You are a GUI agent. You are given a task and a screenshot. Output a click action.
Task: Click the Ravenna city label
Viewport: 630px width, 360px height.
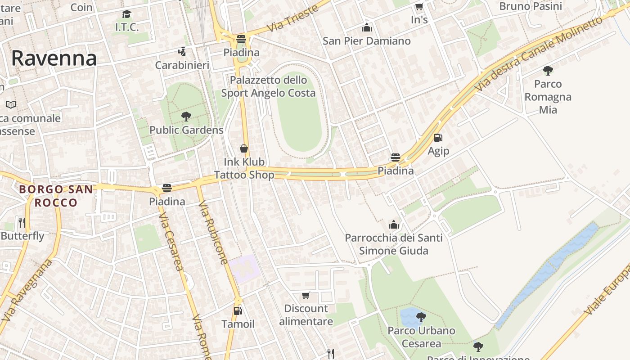[54, 58]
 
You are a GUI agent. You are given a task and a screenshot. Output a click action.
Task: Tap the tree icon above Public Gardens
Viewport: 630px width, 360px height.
[186, 117]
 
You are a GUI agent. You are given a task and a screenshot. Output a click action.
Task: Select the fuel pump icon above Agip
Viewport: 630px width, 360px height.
[438, 138]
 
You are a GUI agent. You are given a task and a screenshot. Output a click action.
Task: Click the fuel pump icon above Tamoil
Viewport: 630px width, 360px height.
[238, 310]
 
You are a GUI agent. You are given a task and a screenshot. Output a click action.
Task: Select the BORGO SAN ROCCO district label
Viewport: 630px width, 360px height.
[56, 196]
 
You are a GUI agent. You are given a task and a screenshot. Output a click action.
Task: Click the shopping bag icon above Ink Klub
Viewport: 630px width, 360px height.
[244, 148]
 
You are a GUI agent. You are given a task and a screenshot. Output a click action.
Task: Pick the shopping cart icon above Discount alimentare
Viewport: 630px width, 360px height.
[306, 295]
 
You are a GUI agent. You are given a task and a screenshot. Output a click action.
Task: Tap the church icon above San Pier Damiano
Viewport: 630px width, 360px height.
[367, 27]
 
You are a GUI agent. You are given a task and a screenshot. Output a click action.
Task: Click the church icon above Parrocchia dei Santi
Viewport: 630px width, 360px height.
[394, 224]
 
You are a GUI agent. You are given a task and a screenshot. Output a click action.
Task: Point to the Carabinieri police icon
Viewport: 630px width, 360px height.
[182, 52]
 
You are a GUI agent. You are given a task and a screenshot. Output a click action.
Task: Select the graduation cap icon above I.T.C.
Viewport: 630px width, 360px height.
[127, 14]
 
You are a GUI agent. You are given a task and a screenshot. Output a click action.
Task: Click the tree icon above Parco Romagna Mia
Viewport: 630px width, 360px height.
[548, 70]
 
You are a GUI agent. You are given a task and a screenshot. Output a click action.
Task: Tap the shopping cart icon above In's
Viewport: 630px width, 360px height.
[419, 7]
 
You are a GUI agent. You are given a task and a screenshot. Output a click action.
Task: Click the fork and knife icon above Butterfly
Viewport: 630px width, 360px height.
[22, 222]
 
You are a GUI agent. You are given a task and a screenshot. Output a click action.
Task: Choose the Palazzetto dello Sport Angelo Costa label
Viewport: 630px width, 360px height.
[268, 86]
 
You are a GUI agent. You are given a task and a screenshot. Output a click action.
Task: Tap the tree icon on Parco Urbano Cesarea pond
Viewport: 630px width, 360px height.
[421, 317]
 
